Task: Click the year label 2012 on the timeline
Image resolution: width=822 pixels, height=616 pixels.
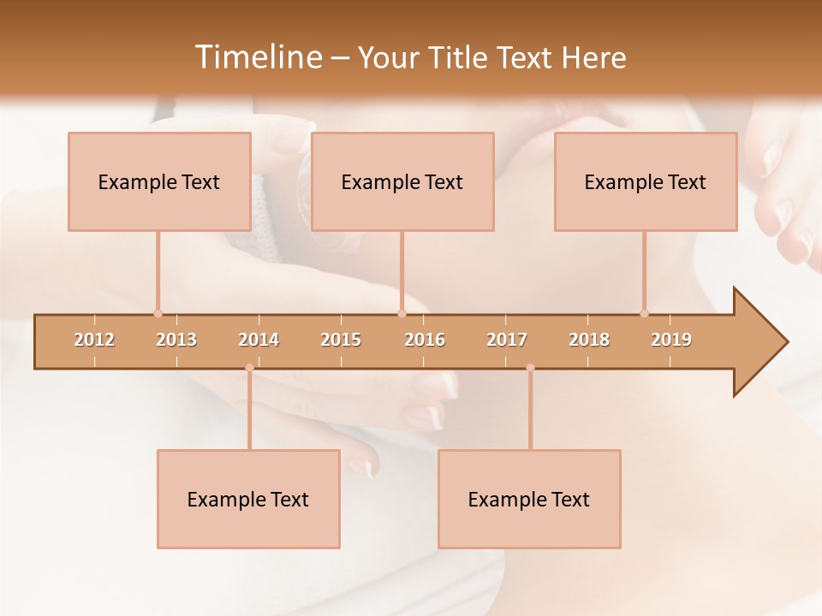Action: (x=94, y=340)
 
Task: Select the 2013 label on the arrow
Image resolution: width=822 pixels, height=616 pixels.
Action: (x=176, y=340)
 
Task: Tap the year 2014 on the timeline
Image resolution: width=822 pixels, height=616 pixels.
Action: (x=259, y=340)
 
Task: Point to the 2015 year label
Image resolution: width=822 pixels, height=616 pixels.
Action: (x=341, y=340)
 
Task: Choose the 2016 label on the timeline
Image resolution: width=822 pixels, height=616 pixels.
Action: (x=425, y=340)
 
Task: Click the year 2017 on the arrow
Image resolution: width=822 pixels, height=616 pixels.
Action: (x=507, y=340)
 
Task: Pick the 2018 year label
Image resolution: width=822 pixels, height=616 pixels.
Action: (x=589, y=340)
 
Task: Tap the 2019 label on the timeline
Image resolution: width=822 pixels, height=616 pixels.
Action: (x=671, y=340)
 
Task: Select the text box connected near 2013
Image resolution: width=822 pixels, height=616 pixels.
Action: (x=159, y=181)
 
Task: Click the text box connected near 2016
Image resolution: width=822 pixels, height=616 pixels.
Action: (x=402, y=181)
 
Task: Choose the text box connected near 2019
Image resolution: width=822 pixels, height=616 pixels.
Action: (x=646, y=181)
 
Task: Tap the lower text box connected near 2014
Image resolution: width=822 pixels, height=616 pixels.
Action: (x=248, y=499)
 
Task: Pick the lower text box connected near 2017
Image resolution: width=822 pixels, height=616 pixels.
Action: (x=529, y=499)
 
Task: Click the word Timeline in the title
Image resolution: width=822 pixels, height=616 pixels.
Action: (x=258, y=57)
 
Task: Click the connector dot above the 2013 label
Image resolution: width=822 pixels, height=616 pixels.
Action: (x=158, y=313)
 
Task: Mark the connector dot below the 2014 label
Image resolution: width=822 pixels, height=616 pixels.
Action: (x=249, y=368)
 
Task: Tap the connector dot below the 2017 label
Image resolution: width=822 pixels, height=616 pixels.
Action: (x=530, y=368)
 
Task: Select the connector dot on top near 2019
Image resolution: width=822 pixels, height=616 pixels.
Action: (x=644, y=313)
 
